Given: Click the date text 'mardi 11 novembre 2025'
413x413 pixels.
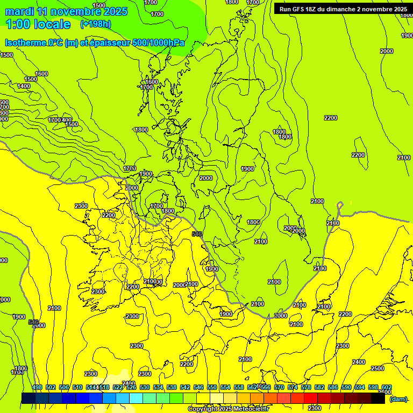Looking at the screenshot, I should pos(66,11).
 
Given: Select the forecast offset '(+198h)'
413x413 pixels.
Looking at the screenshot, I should pos(95,24).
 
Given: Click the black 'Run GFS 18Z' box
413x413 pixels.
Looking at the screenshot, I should pos(343,9).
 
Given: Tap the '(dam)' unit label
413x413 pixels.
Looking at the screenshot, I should pos(398,399).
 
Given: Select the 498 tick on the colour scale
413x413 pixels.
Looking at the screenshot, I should pos(37,387).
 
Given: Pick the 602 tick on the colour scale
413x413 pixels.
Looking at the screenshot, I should pos(387,387).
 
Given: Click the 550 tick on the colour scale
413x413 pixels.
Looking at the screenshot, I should pos(212,387).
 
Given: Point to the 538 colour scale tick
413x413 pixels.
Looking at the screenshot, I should pos(172,387).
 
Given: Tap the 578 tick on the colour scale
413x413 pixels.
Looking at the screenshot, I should pos(306,387).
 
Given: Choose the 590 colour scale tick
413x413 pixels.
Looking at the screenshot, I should pos(346,387).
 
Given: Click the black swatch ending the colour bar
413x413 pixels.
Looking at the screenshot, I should pos(378,398).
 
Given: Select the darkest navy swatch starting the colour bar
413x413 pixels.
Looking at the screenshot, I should pos(28,398).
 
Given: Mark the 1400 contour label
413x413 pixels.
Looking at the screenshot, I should pos(24,86).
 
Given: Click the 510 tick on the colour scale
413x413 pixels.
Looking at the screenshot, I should pos(77,387).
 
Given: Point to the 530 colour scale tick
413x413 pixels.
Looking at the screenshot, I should pos(145,387).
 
